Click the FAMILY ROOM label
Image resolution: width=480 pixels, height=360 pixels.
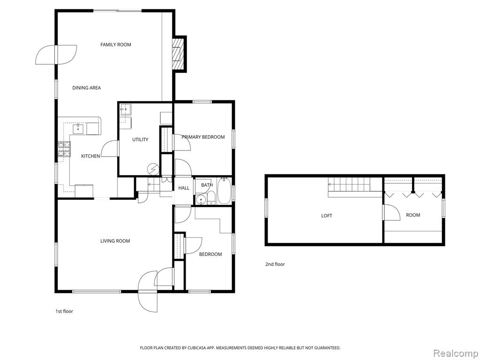116,45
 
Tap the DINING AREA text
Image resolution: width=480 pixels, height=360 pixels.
86,88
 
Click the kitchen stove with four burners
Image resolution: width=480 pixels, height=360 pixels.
64,149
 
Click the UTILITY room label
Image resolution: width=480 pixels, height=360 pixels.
140,140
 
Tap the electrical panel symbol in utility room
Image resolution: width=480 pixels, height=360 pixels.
153,169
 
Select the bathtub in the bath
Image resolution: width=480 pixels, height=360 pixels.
224,191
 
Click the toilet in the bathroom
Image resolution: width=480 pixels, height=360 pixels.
211,198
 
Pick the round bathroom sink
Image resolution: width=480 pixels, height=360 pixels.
201,200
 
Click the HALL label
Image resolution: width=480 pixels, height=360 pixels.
184,188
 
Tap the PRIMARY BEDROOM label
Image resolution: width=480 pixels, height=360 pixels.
203,137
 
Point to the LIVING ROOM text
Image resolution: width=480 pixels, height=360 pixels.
115,241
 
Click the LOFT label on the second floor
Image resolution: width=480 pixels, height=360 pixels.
327,216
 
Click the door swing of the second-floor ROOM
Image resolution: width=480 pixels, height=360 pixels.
392,212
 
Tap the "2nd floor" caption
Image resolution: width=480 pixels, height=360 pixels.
275,264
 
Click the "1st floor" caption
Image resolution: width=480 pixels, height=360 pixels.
64,311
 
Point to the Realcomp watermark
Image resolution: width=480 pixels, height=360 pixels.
456,353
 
